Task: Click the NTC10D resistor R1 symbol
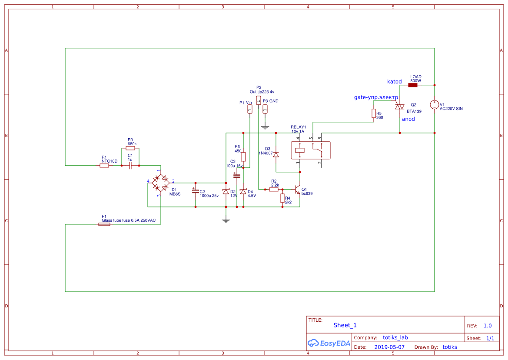click(104, 165)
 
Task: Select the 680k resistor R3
click(130, 148)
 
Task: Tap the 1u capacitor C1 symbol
click(130, 166)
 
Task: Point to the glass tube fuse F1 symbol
click(104, 224)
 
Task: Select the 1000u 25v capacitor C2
click(195, 191)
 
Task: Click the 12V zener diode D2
click(225, 192)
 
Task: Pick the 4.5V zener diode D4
click(243, 192)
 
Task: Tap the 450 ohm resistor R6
click(243, 157)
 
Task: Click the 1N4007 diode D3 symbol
click(276, 154)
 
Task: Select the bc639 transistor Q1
click(298, 190)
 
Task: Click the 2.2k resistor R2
click(274, 189)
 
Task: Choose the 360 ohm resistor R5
click(374, 113)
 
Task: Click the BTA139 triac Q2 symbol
click(399, 107)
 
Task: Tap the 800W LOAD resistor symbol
click(413, 85)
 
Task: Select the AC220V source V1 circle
click(434, 105)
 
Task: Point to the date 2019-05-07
click(389, 347)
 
